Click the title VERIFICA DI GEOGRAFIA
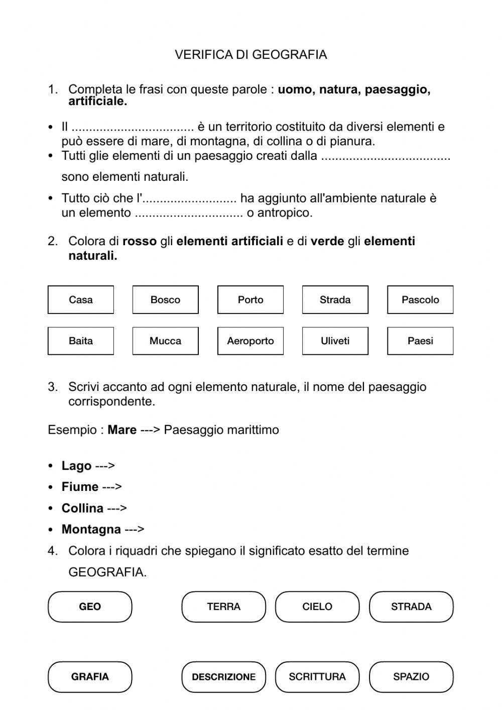tap(250, 55)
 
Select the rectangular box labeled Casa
tap(81, 300)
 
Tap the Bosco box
tap(165, 300)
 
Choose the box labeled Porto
tap(250, 300)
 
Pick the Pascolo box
tap(420, 300)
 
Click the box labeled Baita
tap(81, 341)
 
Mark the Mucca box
tap(165, 341)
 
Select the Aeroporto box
tap(250, 341)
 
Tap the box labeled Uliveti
tap(335, 341)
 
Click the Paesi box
tap(420, 341)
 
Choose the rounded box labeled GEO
tap(90, 607)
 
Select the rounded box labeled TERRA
tap(223, 607)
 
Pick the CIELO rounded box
tap(317, 607)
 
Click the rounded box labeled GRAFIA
tap(90, 677)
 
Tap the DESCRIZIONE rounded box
tap(223, 677)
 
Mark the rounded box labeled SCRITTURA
tap(317, 677)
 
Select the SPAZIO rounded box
tap(411, 677)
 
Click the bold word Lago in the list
tap(76, 466)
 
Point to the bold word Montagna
tap(91, 530)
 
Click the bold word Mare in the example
tap(122, 430)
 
